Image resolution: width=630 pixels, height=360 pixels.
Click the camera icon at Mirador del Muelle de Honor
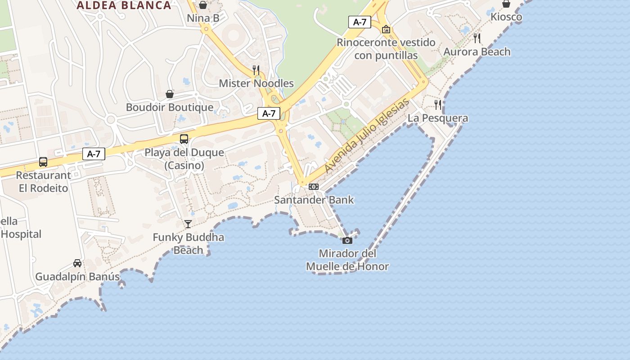pos(347,240)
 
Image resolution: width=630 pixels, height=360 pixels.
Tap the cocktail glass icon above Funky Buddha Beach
pos(188,224)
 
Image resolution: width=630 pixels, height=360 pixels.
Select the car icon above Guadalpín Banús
pos(77,263)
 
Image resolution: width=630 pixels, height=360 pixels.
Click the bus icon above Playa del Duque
pos(184,139)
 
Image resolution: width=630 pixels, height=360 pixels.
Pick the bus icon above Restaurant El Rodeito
pos(43,162)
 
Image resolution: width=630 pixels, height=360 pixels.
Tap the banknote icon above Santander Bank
pos(314,186)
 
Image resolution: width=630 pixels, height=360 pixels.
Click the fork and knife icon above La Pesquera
pos(438,105)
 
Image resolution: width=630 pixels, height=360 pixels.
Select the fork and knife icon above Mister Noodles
pos(256,70)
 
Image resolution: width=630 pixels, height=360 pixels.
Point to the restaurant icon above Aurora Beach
pos(477,38)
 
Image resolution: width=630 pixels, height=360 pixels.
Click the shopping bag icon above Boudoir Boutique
pos(170,94)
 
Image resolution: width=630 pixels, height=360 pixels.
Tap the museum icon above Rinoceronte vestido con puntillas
pos(386,29)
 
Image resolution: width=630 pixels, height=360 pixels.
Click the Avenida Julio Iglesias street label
pos(367,135)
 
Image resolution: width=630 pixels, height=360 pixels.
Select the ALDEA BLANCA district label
pos(124,5)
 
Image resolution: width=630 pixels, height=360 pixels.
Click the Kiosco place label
pos(506,17)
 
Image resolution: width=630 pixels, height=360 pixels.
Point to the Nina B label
pos(203,18)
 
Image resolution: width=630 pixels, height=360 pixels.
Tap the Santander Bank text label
pos(314,200)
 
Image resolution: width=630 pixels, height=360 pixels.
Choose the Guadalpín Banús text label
pos(77,276)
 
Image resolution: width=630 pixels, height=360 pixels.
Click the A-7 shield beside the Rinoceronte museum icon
pos(360,22)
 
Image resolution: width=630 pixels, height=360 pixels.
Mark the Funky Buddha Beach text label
pos(188,243)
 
